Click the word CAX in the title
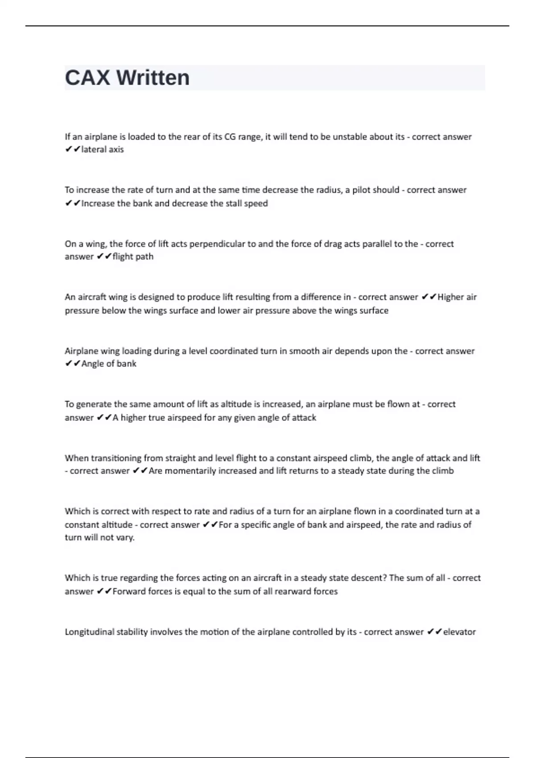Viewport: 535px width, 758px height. tap(87, 78)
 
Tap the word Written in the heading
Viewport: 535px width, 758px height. tap(153, 78)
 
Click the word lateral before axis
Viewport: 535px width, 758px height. tap(94, 149)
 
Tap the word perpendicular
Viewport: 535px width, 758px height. tap(218, 244)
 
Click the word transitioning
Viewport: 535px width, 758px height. tap(116, 458)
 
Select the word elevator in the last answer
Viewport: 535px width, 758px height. tap(459, 632)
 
